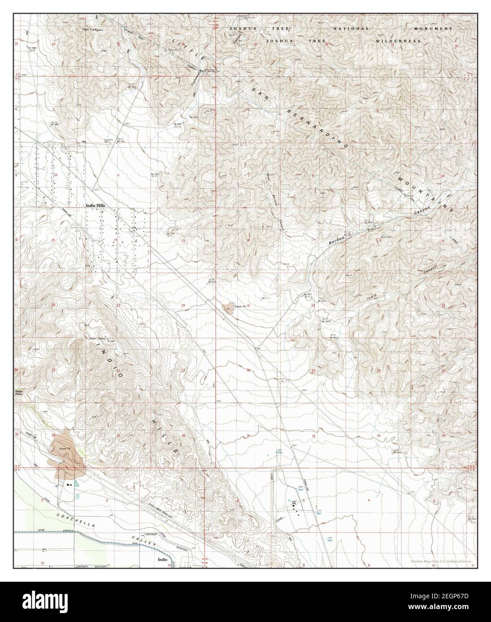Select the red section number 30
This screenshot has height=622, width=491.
click(x=248, y=371)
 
